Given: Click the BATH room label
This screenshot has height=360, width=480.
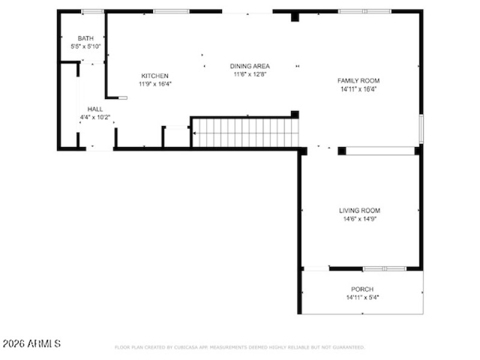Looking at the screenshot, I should pos(85,38).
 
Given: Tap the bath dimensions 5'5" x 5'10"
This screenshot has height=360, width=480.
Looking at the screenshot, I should pos(85,46).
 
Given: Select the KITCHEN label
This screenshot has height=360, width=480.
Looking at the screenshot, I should pos(155,76).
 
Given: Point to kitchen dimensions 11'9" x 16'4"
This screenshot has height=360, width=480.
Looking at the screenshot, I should pos(155,84).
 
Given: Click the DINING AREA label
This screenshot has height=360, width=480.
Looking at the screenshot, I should pos(250,66).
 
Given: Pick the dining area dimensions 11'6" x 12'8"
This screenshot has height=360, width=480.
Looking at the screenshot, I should pos(250,74).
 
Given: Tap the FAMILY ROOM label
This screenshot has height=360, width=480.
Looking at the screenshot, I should pos(358,80).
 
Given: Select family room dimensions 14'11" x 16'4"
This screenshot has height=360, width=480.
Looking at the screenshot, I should pos(358,89).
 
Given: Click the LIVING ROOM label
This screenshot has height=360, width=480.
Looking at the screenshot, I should pos(359,211).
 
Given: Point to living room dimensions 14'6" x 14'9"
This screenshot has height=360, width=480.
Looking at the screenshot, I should pos(359,219).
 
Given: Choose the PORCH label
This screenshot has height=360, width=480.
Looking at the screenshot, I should pos(362,289).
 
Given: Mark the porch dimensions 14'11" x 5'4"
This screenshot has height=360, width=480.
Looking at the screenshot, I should pos(362,298).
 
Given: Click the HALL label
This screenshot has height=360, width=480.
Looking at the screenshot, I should pos(95,109).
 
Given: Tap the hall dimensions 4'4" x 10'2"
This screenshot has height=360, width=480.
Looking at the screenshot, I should pos(95,118).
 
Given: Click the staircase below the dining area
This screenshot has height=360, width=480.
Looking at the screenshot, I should pos(245,133).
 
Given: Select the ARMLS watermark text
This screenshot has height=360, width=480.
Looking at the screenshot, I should pos(31,344).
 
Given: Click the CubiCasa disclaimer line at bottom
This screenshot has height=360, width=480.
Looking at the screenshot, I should pos(239,347).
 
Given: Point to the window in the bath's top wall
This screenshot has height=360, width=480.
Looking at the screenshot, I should pos(92,11).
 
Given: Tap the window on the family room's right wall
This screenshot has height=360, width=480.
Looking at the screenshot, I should pos(421,128).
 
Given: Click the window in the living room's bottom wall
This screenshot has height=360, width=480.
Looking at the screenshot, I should pos(385,269).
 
